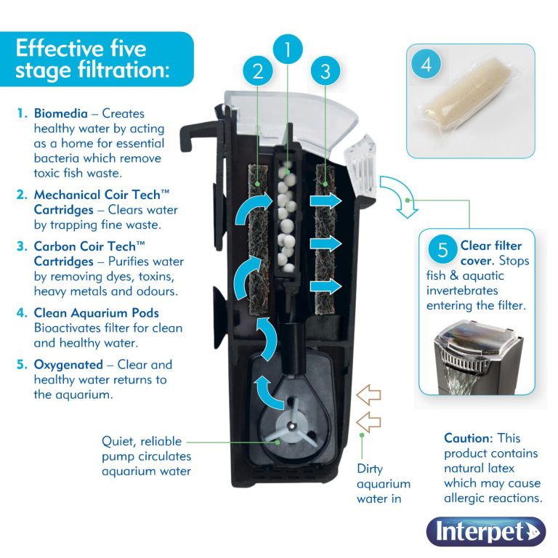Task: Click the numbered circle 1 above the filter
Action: click(288, 49)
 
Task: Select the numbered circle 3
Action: click(325, 70)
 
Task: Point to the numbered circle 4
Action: click(426, 64)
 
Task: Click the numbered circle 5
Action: click(442, 251)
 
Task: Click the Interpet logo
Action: click(485, 531)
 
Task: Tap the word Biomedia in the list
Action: click(62, 113)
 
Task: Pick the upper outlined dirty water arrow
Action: click(369, 395)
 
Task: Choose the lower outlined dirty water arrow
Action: click(369, 420)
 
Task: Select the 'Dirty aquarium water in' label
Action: click(383, 484)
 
